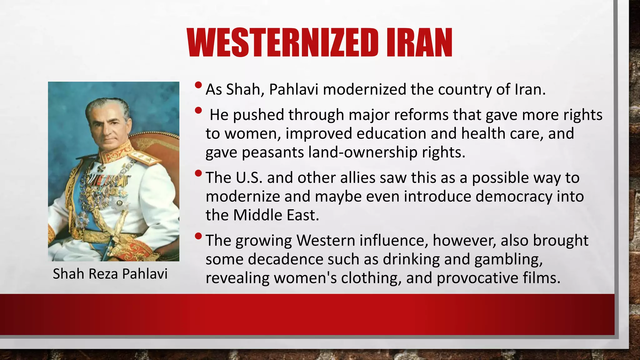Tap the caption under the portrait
(110, 274)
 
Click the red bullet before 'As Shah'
(198, 85)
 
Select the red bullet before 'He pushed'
(198, 110)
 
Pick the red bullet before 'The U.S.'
(198, 173)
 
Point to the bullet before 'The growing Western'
(198, 236)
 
